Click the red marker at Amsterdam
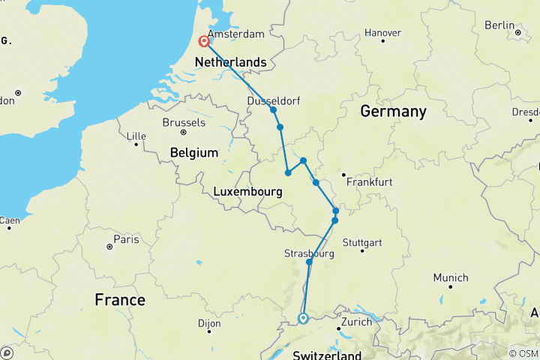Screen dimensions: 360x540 coord(203,41)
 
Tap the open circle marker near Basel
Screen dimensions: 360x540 coord(303,318)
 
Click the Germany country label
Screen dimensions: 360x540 coord(393,112)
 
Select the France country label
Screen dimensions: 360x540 coord(120,300)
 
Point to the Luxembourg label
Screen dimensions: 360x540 coord(247,192)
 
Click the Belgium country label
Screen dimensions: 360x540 coord(193,152)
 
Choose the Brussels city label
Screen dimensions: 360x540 coord(184,122)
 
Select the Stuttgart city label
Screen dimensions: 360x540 coord(361,242)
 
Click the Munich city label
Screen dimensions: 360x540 coord(451,277)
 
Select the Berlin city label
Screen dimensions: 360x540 coord(499,25)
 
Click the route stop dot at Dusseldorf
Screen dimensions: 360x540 coord(274,110)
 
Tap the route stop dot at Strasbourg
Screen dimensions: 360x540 coord(309,262)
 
